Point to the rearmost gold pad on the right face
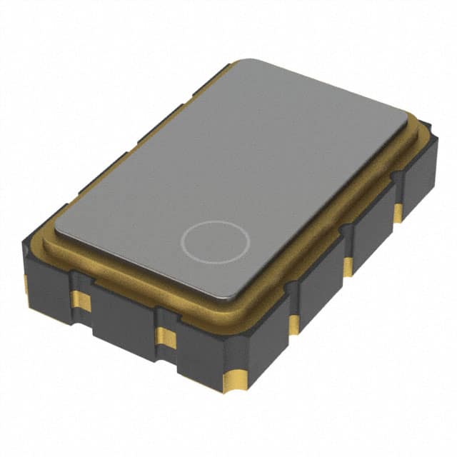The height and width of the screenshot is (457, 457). click(397, 213)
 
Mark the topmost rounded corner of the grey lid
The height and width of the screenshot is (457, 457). click(243, 63)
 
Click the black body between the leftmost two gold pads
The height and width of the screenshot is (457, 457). click(54, 289)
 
